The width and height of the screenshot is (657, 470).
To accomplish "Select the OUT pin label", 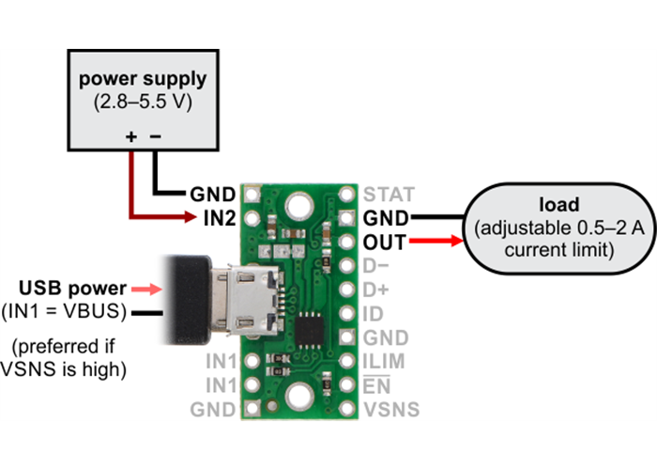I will coord(384,243).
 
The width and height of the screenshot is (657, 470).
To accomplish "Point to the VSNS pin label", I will coord(390,410).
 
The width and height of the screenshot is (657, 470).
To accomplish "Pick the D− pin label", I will coord(376,266).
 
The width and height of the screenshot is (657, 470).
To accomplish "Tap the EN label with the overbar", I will coord(375,385).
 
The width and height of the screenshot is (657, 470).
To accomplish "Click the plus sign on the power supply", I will coord(130,137).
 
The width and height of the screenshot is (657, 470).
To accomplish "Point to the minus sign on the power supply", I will coord(155,137).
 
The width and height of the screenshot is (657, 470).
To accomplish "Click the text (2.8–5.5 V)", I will coord(144,102).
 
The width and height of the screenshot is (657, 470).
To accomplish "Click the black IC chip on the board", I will coord(311,329).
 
